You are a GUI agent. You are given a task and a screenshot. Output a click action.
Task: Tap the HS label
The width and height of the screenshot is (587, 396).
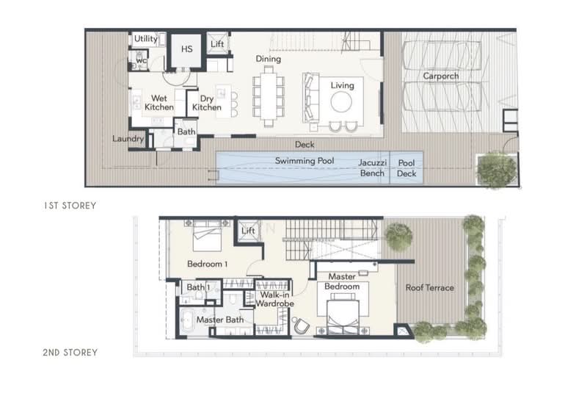pos(186,48)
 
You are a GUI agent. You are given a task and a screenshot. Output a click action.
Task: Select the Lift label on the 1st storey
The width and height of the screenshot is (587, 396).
pos(217,44)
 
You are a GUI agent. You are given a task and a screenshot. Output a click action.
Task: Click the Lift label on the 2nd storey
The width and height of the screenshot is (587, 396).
pos(248,232)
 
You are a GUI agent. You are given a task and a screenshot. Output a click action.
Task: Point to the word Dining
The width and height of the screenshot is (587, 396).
pos(269,59)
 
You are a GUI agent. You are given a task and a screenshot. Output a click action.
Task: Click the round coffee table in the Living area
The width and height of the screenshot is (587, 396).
pos(342,103)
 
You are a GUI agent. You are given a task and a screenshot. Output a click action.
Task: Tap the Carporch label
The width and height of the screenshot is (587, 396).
pos(441,76)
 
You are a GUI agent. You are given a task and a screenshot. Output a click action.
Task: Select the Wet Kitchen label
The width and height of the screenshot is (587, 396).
pos(159,102)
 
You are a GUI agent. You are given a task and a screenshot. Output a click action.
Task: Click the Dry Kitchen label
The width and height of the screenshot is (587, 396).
pos(206,102)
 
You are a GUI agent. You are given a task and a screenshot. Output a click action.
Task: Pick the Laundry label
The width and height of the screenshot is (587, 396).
pos(127,138)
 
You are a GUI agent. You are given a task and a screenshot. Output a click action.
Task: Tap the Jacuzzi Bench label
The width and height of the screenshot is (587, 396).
pos(372,168)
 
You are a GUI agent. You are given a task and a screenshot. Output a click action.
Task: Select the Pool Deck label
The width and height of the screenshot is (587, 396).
pos(406,168)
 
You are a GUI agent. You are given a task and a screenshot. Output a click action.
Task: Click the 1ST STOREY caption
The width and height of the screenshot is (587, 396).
pos(69,206)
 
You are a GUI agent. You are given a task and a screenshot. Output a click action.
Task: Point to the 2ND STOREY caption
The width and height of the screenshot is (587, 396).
pos(70,353)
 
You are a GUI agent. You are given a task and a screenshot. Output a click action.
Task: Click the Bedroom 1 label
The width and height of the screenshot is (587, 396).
pos(207,264)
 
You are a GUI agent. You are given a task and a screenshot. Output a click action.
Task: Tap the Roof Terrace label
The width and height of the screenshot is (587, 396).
pos(430,288)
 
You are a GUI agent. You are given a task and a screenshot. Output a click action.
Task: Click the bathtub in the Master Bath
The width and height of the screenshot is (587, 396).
pos(189,320)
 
